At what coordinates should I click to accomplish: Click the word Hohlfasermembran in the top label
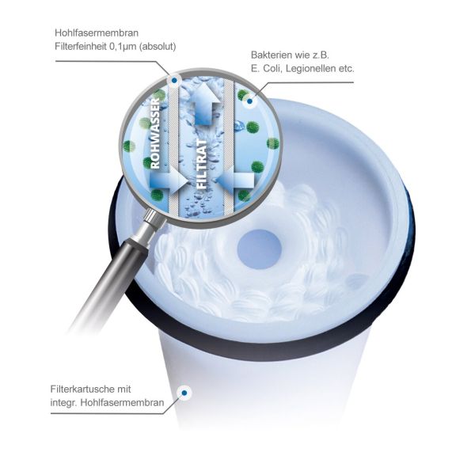pyautogui.click(x=97, y=32)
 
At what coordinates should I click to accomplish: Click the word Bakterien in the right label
pyautogui.click(x=274, y=55)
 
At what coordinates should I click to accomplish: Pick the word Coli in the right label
pyautogui.click(x=272, y=68)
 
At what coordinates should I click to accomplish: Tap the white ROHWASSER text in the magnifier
pyautogui.click(x=155, y=133)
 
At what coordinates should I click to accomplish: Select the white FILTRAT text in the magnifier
pyautogui.click(x=202, y=164)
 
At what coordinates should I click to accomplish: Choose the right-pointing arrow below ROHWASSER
pyautogui.click(x=169, y=180)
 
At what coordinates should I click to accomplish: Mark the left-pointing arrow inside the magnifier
pyautogui.click(x=235, y=180)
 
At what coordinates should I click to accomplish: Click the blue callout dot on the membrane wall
pyautogui.click(x=174, y=80)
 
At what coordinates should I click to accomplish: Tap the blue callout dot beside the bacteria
pyautogui.click(x=249, y=101)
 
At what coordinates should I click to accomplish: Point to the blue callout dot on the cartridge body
pyautogui.click(x=184, y=393)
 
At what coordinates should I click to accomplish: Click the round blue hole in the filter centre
pyautogui.click(x=260, y=249)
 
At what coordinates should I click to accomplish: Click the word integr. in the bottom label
pyautogui.click(x=64, y=403)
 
